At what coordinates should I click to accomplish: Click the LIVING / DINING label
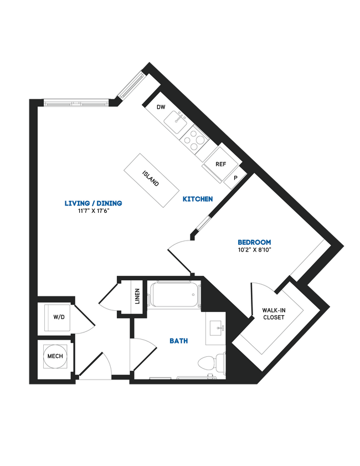(93, 203)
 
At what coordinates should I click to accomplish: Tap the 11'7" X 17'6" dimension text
(93, 211)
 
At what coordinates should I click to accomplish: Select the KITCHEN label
(198, 199)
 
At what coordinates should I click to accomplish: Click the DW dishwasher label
(161, 107)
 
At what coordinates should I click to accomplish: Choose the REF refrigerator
(220, 164)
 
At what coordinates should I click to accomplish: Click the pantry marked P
(235, 178)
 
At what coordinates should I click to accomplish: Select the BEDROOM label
(254, 242)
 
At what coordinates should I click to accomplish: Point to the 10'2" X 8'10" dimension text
(254, 250)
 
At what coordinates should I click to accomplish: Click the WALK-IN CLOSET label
(274, 314)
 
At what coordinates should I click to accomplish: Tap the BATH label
(178, 341)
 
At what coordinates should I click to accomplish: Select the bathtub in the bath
(174, 296)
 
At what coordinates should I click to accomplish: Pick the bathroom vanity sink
(216, 328)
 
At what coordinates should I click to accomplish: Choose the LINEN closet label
(137, 297)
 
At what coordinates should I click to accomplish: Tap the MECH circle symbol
(55, 356)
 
